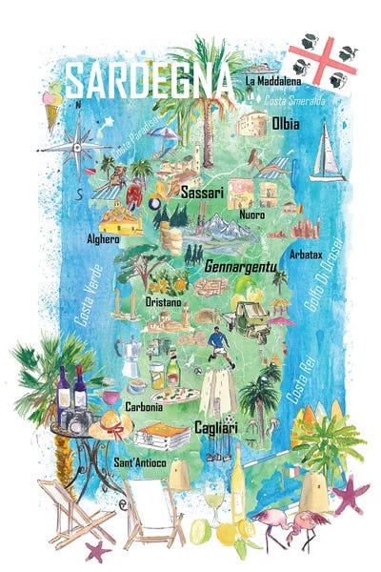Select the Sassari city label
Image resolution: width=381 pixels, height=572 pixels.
pyautogui.click(x=201, y=193)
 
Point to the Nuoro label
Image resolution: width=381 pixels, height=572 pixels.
pyautogui.click(x=252, y=214)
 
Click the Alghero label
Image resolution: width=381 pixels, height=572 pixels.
pyautogui.click(x=103, y=238)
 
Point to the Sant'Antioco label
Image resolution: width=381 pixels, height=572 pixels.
pyautogui.click(x=140, y=462)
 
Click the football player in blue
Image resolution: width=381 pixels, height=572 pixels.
pyautogui.click(x=218, y=344)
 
